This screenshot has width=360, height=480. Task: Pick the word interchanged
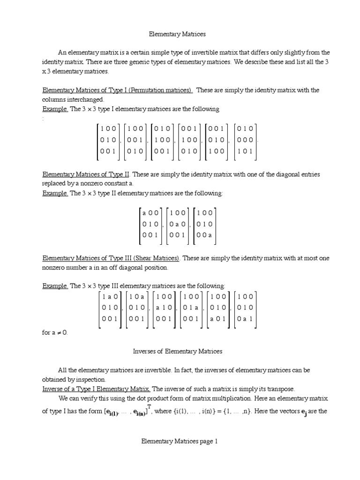pos(85,99)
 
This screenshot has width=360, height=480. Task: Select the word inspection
pos(91,379)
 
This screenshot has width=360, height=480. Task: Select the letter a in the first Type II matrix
pos(144,213)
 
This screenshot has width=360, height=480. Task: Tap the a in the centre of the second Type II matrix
pos(178,224)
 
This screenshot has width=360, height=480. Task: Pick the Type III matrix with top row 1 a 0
pos(110,308)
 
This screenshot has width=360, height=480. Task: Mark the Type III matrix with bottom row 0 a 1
pos(245,308)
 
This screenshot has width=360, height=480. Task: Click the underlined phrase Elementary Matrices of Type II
pos(86,174)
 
